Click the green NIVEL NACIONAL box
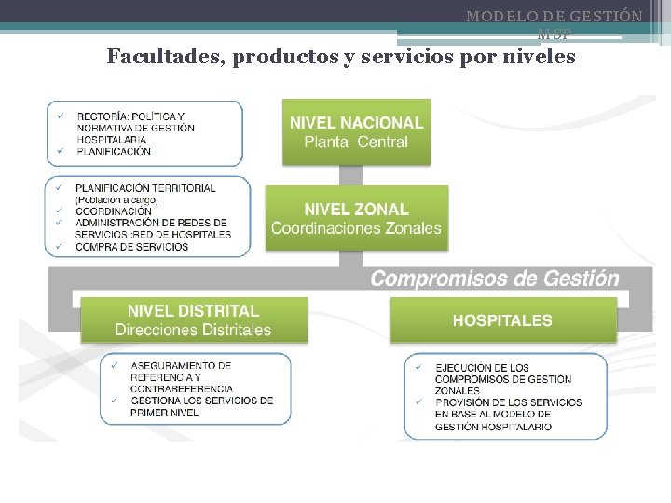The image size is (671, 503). (356, 130)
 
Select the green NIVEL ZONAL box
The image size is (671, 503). (356, 218)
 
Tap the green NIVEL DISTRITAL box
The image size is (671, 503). (193, 319)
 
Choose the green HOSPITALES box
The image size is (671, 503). (502, 320)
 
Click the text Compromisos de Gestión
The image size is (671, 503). (494, 278)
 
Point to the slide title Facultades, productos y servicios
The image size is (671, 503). (341, 57)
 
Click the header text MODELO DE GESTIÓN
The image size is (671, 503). (554, 17)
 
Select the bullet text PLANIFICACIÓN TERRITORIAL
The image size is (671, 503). (145, 188)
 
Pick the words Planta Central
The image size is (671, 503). (356, 143)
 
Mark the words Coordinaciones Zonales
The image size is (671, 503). (356, 228)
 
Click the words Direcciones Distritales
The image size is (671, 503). (193, 330)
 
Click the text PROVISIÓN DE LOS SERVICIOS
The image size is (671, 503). (507, 402)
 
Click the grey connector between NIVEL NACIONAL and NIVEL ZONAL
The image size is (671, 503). (350, 174)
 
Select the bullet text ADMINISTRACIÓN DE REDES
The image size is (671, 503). (151, 223)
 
